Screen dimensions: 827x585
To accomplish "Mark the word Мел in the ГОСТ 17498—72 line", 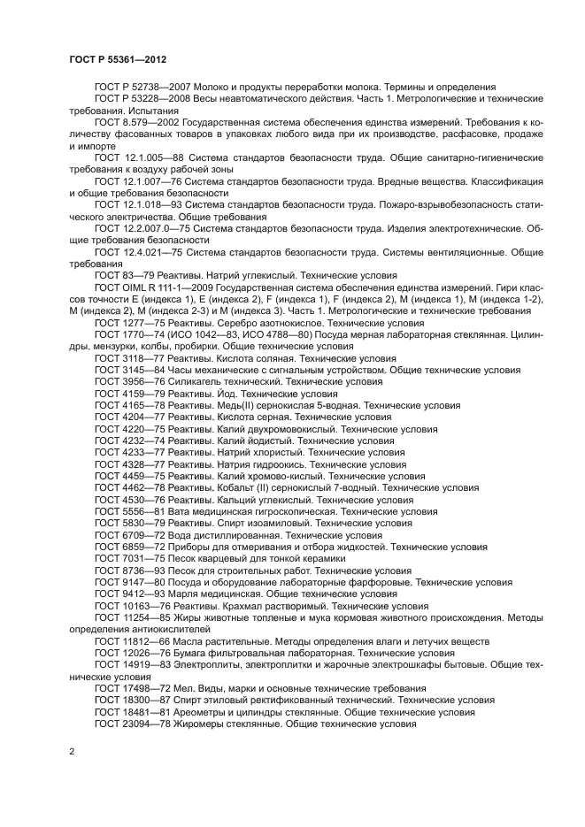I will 182,687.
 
